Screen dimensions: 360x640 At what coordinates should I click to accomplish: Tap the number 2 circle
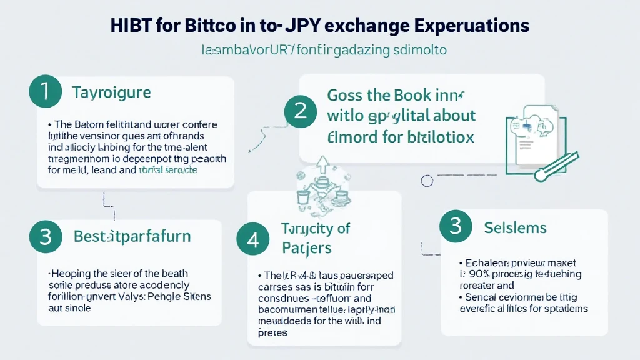[x=300, y=111]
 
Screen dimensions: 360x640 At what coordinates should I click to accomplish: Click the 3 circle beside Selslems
[x=456, y=226]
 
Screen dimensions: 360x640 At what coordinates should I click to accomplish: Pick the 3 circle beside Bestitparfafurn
[x=45, y=237]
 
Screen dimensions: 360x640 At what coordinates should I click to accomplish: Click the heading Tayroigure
[x=111, y=93]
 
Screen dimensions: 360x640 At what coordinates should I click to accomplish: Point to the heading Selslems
[x=516, y=227]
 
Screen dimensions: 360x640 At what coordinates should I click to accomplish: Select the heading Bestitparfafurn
[x=132, y=237]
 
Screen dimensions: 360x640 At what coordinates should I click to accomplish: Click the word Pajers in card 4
[x=306, y=248]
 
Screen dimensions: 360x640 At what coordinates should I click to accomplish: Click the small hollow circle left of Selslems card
[x=427, y=181]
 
